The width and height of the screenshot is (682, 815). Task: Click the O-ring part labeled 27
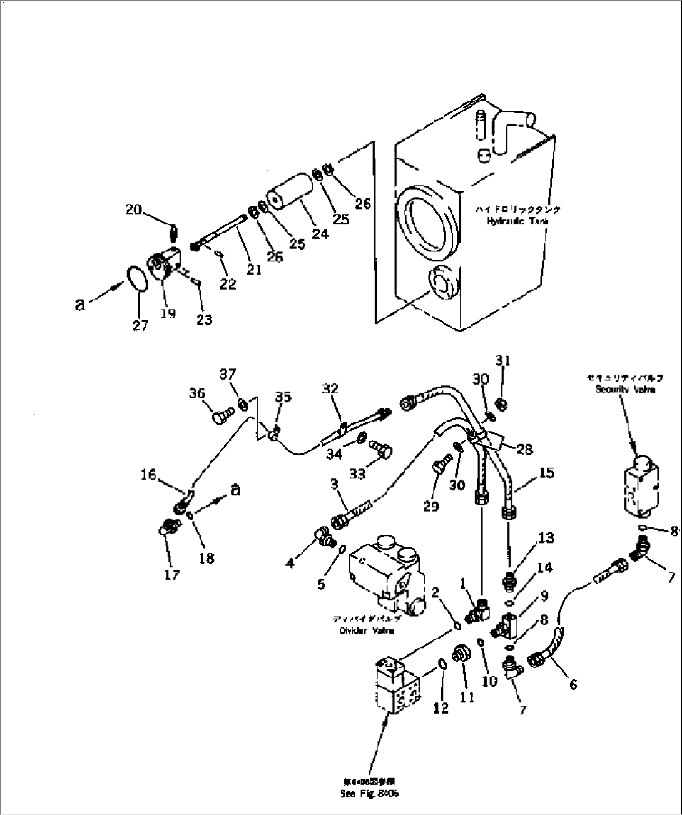[x=138, y=278]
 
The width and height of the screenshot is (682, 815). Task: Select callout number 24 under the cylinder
[x=320, y=234]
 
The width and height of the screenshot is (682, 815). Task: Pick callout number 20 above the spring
[x=133, y=210]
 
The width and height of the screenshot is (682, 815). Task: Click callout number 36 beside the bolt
[x=198, y=393]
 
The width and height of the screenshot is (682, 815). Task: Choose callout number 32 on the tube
[x=330, y=388]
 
